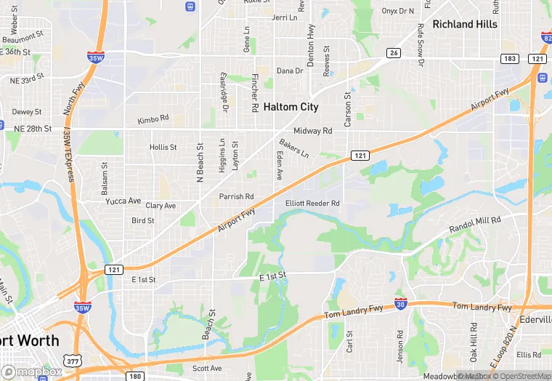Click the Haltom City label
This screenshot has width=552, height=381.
[291, 107]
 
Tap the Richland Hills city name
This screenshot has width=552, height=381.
[465, 24]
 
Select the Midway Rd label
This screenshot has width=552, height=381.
[312, 131]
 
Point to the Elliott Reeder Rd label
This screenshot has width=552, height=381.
[312, 204]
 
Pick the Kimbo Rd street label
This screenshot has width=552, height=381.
[153, 118]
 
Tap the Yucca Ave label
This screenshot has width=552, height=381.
[123, 201]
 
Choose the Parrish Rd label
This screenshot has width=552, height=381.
[237, 196]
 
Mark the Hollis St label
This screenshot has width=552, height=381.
[163, 147]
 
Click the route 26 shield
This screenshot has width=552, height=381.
[393, 52]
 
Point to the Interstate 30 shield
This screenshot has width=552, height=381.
[401, 302]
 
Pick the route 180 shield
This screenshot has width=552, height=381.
[134, 376]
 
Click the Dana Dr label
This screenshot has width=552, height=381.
[289, 71]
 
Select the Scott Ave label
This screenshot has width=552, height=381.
[207, 369]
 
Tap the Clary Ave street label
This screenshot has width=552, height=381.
[161, 206]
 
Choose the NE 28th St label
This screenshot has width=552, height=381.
[33, 129]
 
